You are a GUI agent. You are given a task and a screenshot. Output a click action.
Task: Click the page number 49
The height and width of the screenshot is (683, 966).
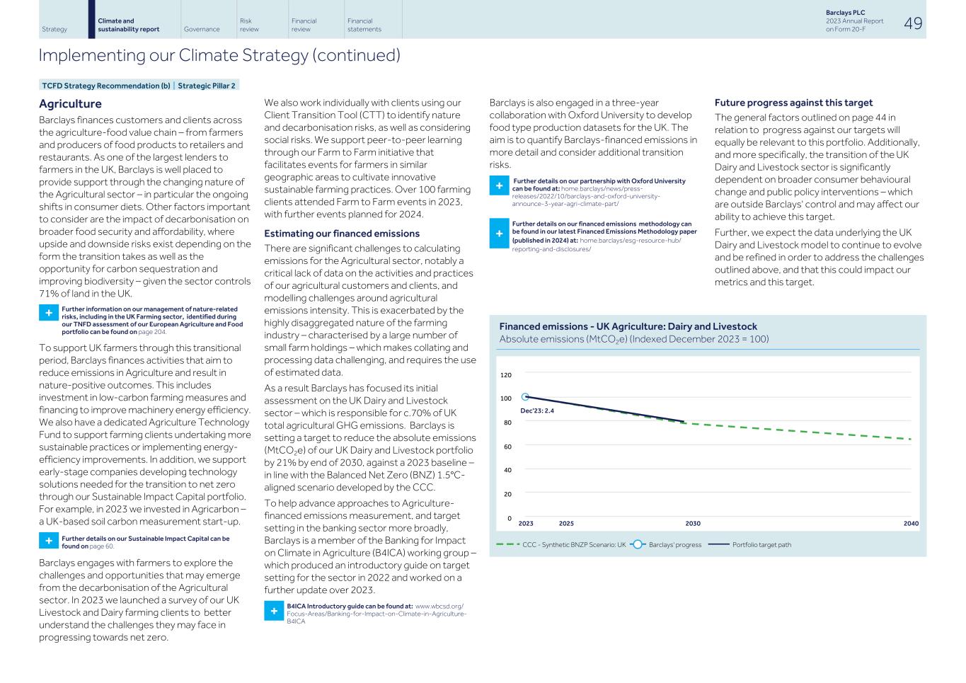click(x=913, y=23)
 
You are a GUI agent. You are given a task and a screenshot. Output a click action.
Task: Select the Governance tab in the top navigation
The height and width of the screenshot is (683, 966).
click(x=201, y=29)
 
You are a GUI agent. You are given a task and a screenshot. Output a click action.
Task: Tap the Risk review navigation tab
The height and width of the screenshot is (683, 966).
click(x=249, y=25)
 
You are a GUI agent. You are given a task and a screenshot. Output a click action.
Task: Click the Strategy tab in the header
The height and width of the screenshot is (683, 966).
click(x=54, y=29)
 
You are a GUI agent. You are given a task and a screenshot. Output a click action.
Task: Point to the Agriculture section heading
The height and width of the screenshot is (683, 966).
click(x=70, y=104)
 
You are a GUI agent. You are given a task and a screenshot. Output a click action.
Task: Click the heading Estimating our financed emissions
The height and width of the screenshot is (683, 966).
click(x=341, y=234)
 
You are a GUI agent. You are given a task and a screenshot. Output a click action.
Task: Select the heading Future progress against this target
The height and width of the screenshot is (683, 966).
click(x=793, y=103)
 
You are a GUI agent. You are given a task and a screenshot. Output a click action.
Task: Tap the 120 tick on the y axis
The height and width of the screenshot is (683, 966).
click(x=505, y=375)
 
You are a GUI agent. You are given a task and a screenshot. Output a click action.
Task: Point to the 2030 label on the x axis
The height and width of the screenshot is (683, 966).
click(x=692, y=524)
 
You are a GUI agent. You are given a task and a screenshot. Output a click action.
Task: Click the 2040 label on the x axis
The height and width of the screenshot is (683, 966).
click(x=910, y=524)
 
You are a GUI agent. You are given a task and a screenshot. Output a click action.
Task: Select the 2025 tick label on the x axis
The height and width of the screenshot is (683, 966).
click(x=566, y=524)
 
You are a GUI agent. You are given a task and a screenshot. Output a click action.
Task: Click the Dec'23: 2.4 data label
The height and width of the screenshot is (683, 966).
click(x=537, y=411)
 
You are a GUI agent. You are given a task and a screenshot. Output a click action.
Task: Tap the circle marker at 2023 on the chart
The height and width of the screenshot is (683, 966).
click(x=525, y=397)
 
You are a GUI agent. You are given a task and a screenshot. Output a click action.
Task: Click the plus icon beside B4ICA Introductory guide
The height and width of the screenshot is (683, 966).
click(x=273, y=611)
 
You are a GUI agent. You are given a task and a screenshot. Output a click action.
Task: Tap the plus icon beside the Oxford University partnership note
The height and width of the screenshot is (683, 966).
click(x=499, y=185)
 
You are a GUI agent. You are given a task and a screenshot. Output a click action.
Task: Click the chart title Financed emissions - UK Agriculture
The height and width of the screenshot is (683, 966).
click(x=628, y=326)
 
